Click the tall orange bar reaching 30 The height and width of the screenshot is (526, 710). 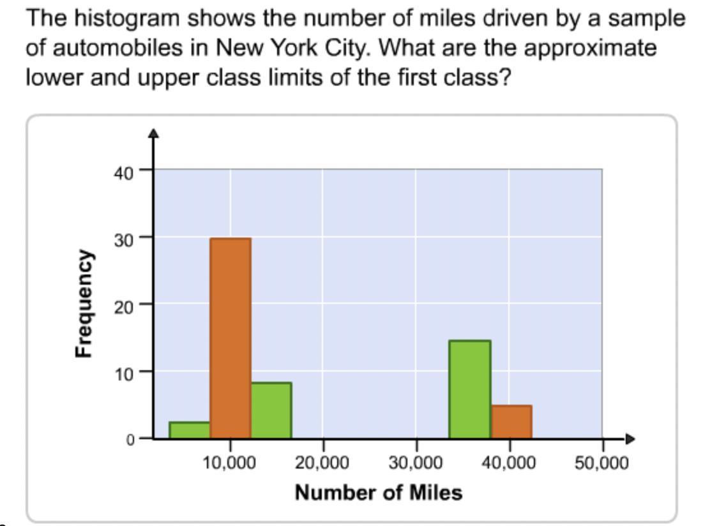[230, 338]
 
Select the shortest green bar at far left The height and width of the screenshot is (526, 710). [189, 430]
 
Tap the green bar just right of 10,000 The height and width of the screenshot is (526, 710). [271, 410]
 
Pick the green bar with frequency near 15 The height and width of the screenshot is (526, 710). [470, 389]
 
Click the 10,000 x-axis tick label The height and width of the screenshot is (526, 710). [230, 462]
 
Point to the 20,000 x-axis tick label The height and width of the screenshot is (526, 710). [322, 462]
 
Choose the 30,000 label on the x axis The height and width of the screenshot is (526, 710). [416, 462]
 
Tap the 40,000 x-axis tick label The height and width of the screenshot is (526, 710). [509, 462]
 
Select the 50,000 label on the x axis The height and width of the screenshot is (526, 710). [601, 462]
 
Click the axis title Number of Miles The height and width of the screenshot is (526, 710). [378, 492]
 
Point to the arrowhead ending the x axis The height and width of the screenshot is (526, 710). [631, 439]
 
